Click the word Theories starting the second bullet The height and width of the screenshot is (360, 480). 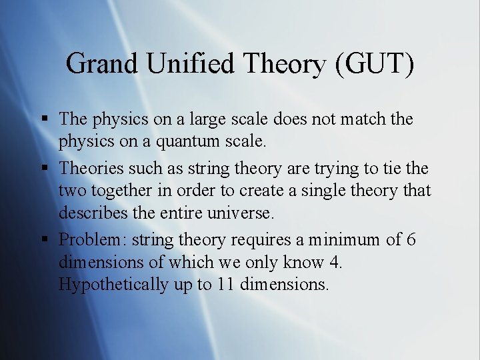click(92, 169)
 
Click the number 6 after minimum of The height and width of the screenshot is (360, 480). click(410, 240)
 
